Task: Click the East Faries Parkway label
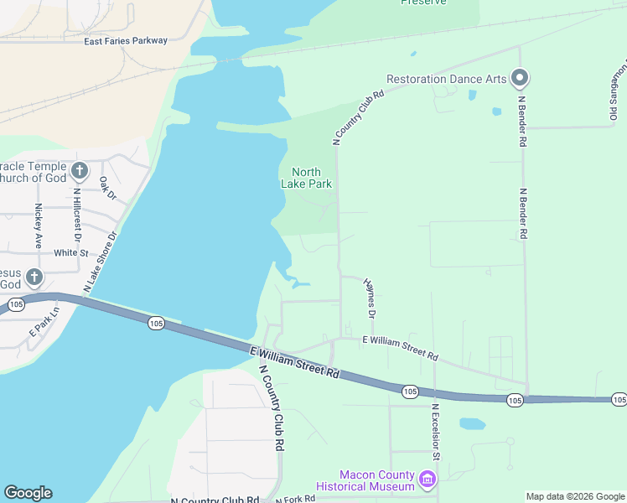click(127, 40)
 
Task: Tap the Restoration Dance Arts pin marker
click(520, 80)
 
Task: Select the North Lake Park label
click(312, 178)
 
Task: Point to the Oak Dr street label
click(106, 187)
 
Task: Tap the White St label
click(70, 252)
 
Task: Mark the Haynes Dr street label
click(369, 298)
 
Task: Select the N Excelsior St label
click(435, 433)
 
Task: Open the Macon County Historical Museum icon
click(427, 480)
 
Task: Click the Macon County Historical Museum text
click(366, 480)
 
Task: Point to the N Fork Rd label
click(294, 498)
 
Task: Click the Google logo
click(28, 493)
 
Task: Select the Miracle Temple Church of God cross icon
click(80, 172)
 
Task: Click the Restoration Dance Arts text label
click(446, 80)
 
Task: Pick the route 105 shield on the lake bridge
click(155, 322)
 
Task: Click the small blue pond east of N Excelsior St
click(473, 423)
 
